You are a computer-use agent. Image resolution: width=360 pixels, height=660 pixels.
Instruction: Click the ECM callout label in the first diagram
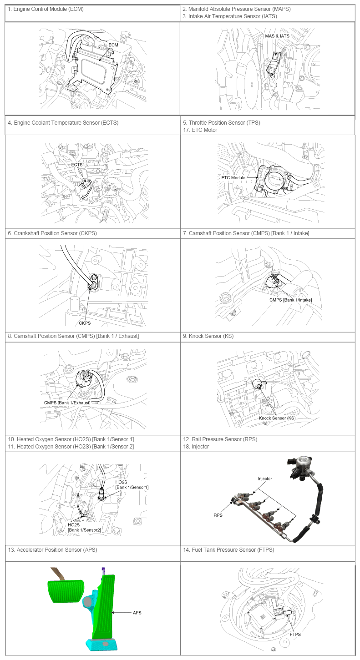tap(113, 45)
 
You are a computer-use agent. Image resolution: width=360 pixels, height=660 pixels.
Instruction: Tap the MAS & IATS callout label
tap(277, 36)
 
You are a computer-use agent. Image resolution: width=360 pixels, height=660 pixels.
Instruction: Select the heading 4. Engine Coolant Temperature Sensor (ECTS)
tap(63, 122)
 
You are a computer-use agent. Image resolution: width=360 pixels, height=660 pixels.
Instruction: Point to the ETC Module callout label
tap(233, 178)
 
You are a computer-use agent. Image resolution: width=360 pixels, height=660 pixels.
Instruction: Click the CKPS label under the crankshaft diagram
tap(85, 323)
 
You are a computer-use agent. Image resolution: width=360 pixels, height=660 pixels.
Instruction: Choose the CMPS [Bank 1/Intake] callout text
tap(290, 300)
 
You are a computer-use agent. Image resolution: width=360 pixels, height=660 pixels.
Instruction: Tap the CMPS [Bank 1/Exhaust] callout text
tap(67, 403)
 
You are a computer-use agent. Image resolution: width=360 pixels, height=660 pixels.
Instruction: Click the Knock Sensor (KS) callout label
tap(277, 418)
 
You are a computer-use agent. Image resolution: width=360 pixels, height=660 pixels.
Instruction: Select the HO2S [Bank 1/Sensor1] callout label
tap(132, 484)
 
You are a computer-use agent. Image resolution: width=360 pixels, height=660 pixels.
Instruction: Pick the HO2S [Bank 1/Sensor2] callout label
tap(84, 527)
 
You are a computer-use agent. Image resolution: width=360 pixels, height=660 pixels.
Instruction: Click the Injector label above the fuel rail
tap(265, 479)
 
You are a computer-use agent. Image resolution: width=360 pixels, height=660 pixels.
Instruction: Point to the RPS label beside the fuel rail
tap(218, 515)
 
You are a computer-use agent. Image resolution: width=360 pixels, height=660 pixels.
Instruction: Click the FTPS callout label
tap(295, 634)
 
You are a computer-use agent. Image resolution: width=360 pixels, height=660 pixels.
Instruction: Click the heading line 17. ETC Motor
tap(200, 130)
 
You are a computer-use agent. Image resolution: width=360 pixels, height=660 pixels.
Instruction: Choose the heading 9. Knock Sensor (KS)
tap(208, 336)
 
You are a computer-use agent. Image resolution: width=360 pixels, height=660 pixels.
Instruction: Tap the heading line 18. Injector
tap(196, 446)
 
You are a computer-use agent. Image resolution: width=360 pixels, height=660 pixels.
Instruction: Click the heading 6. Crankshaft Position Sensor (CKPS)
tap(52, 233)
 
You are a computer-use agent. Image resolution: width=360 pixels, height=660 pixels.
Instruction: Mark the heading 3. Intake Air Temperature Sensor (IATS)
tap(230, 16)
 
